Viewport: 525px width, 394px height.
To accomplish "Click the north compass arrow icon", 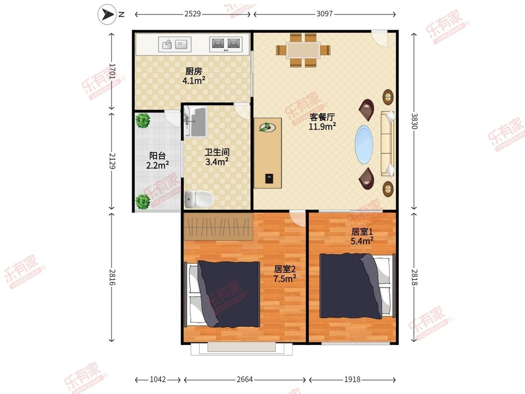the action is (107, 14).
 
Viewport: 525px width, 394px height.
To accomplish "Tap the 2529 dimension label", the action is (193, 14).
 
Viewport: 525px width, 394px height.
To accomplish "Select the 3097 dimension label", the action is (324, 14).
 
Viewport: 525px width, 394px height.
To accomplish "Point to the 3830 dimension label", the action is (414, 121).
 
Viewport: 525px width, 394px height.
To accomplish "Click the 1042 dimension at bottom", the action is (158, 379).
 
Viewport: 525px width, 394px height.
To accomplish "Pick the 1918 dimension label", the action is (352, 379).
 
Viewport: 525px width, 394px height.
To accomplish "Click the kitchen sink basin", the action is (175, 44).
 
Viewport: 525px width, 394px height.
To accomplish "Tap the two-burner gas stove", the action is (226, 44).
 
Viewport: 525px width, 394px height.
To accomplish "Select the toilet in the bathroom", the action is (199, 199).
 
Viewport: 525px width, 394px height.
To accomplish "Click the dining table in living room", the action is (303, 50).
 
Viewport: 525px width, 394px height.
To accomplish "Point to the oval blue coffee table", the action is (364, 144).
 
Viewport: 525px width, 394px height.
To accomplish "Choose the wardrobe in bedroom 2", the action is (218, 227).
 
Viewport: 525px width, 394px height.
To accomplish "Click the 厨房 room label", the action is (194, 71).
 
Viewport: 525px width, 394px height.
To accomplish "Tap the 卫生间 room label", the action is (217, 153).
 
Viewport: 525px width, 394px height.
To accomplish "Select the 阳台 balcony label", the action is (157, 155).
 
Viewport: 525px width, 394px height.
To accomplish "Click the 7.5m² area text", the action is (285, 278).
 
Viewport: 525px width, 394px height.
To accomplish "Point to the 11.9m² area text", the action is (322, 127).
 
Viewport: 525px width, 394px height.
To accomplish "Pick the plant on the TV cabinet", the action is (267, 127).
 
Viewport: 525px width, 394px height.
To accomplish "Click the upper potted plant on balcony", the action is (143, 120).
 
